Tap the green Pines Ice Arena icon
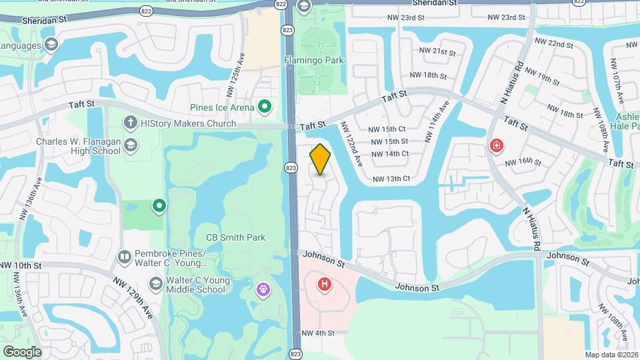coord(265,107)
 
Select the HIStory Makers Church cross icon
coord(131,123)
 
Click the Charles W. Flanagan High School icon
coord(131,146)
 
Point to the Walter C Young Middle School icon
coord(155,284)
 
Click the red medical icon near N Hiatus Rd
coord(497,145)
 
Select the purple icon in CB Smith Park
coord(263,289)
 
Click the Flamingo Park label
coord(314,60)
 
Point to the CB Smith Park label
coord(235,237)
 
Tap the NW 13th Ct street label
coord(391,179)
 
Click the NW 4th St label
coord(317,333)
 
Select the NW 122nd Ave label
coord(351,143)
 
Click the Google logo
coord(22,351)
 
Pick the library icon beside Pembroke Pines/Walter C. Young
coord(124,257)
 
